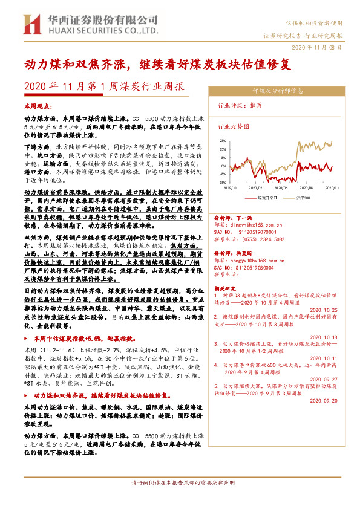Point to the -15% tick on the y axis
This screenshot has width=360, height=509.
pos(222,181)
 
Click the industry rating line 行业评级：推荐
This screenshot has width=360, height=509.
pos(240,104)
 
